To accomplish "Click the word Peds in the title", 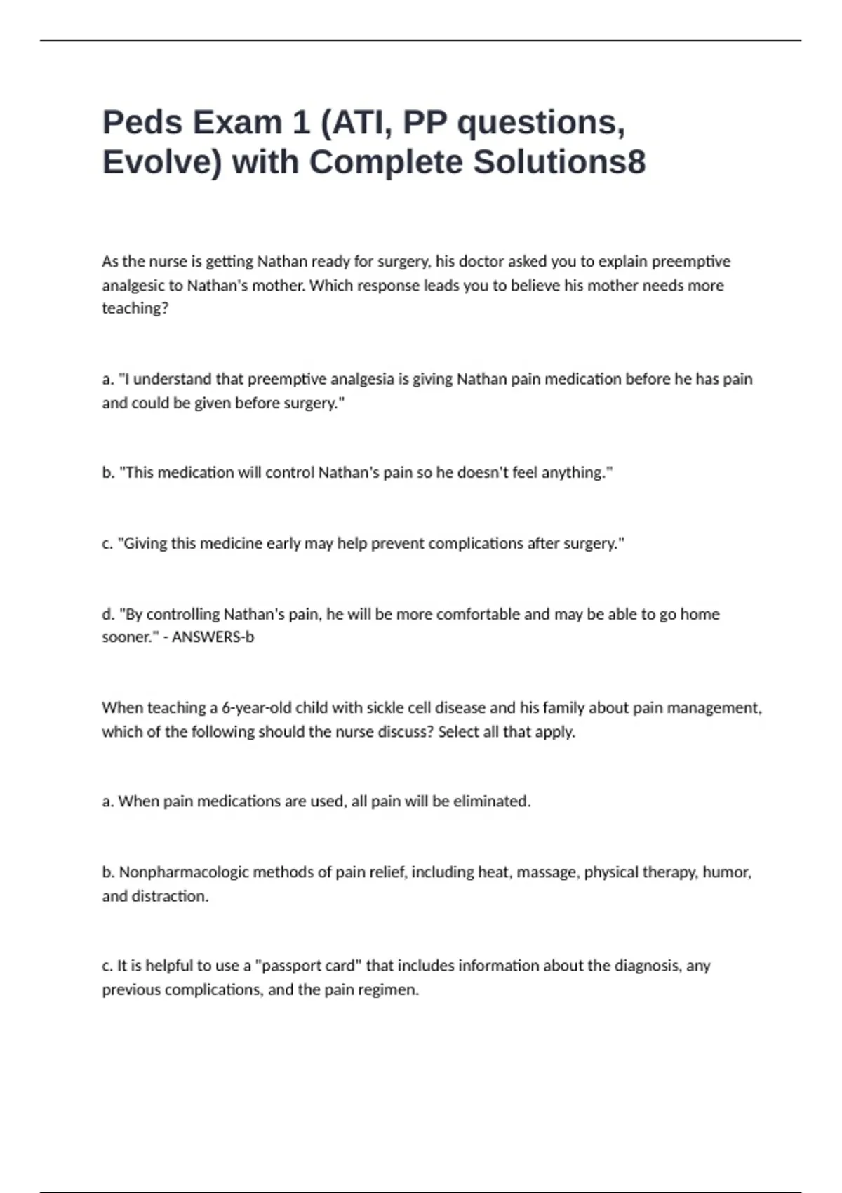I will tap(142, 123).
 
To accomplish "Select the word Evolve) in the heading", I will tap(162, 162).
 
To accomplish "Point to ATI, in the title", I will tap(356, 123).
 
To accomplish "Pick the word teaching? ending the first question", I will tap(135, 308).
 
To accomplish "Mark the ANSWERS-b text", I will tap(213, 637).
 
